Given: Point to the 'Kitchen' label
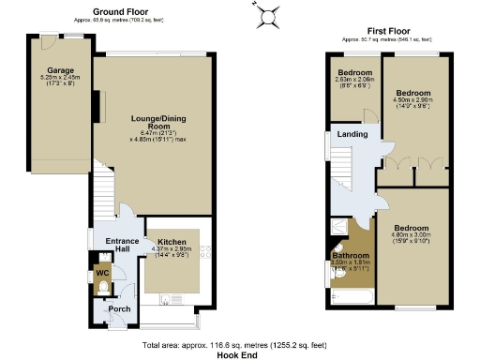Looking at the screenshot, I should click(172, 241).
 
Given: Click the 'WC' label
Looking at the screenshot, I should click(102, 275).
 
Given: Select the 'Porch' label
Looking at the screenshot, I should click(119, 308).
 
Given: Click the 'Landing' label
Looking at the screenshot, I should click(352, 133).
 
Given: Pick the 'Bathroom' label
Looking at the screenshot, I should click(351, 255).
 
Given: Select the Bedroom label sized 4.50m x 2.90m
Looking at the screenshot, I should click(412, 94).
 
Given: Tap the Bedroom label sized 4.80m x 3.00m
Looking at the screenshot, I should click(412, 228).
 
